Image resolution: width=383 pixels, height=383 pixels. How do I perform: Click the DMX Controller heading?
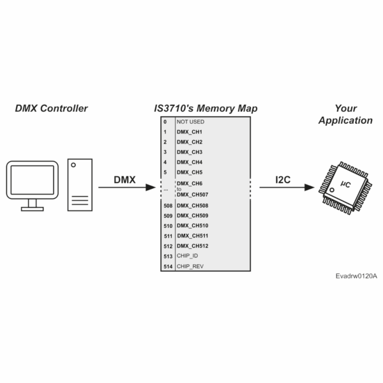[51, 108]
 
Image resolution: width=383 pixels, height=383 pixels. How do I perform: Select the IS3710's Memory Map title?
[202, 108]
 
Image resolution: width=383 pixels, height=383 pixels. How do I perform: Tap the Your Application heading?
[345, 114]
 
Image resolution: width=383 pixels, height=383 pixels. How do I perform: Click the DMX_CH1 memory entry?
[190, 131]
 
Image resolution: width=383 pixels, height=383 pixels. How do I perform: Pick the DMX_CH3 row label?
[190, 152]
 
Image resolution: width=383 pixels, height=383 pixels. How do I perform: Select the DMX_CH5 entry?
[190, 172]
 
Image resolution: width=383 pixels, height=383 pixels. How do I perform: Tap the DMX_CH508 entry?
[192, 206]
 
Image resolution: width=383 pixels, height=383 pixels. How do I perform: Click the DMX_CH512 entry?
[192, 246]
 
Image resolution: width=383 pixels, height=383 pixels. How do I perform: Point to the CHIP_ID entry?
[188, 256]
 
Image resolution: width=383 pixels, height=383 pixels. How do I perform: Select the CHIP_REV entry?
[190, 266]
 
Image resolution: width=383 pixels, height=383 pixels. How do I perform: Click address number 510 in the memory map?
[167, 225]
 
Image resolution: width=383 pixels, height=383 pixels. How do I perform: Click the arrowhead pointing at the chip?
[312, 188]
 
